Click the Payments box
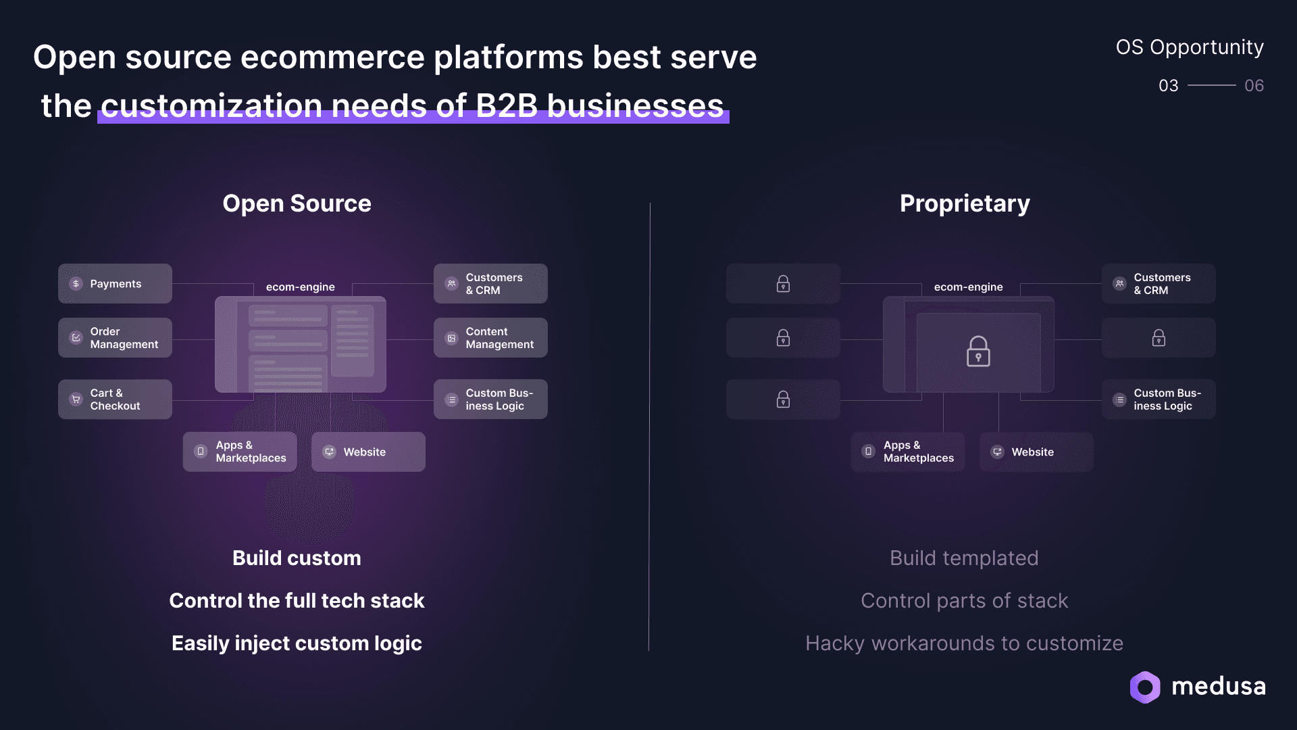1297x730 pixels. pos(115,284)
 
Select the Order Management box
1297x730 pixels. pos(115,338)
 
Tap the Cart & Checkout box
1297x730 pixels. pos(115,399)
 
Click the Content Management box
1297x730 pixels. pos(490,338)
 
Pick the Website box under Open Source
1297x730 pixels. pos(368,452)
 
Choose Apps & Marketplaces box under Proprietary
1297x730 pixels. pos(908,452)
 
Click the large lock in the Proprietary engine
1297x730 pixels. pos(978,351)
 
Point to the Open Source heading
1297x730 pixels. pos(297,203)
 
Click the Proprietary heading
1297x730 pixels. pos(965,203)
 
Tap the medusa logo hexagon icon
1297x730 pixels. pos(1145,687)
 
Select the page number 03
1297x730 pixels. pos(1168,86)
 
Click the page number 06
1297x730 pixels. pos(1254,86)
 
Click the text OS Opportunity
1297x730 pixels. pos(1189,47)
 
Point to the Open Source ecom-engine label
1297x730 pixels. pos(300,287)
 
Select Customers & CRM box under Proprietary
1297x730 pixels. pos(1159,284)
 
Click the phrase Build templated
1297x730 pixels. pos(964,558)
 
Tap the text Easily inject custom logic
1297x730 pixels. pos(297,643)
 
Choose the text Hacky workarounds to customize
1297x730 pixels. pos(964,643)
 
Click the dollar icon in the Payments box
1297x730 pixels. pos(76,284)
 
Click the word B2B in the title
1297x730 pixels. pos(507,106)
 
